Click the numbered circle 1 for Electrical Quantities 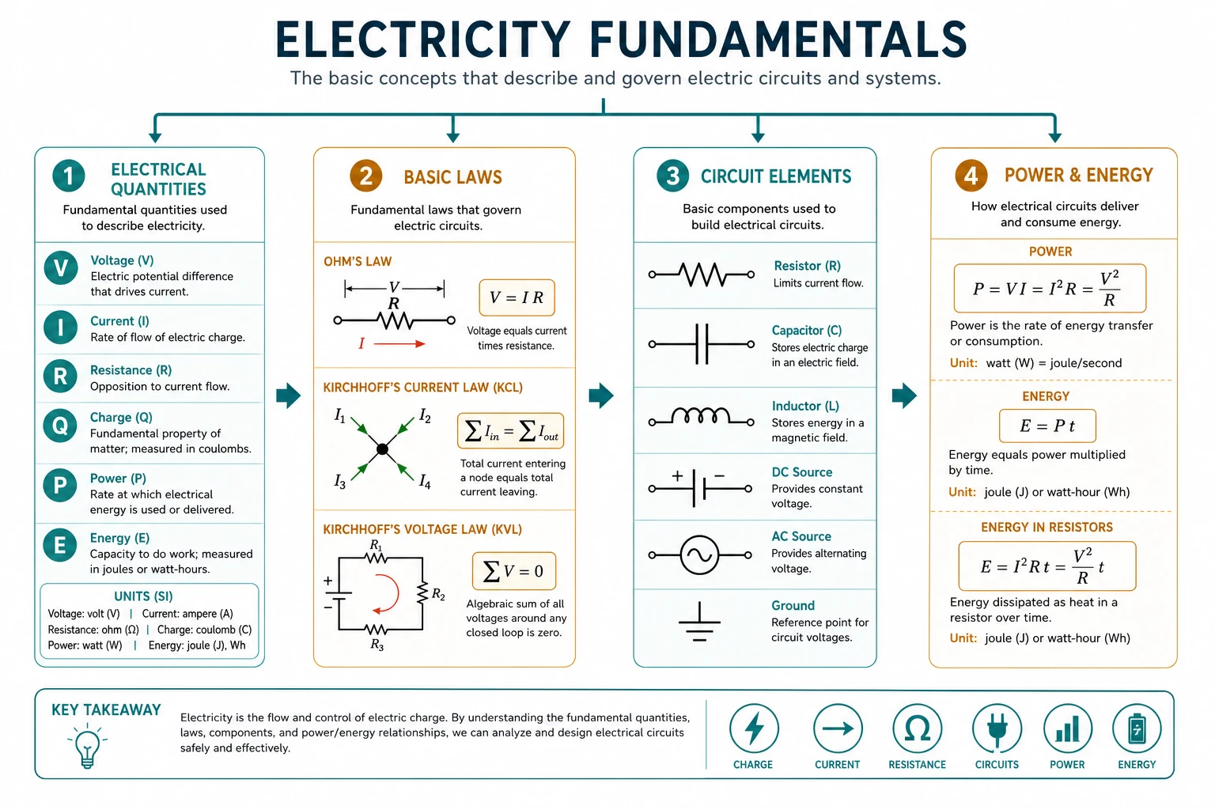(68, 176)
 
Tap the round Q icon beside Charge (60, 426)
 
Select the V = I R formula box (517, 297)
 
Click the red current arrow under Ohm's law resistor (399, 343)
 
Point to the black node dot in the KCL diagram (382, 449)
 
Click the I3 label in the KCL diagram (339, 481)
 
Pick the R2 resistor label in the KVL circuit (438, 594)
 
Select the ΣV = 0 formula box (514, 571)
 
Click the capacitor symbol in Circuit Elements (702, 344)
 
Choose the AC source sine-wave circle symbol (700, 555)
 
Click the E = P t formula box (1047, 426)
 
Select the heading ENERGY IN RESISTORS (1047, 527)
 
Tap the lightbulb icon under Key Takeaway (87, 746)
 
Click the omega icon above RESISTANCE (918, 729)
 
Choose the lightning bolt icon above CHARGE (754, 729)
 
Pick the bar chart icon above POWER (1067, 729)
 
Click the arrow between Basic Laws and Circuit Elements (601, 396)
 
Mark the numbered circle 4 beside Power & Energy (971, 176)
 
